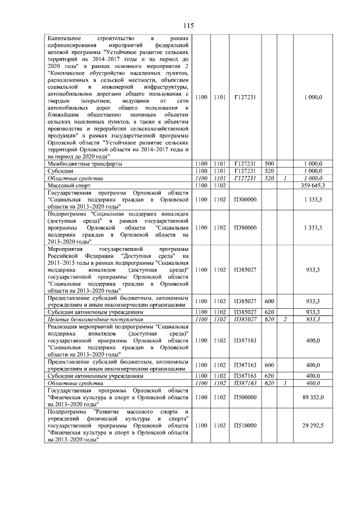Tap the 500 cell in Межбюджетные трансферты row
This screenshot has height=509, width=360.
point(269,164)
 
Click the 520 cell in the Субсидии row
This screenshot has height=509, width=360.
point(269,170)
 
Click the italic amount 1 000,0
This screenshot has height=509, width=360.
point(312,178)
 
